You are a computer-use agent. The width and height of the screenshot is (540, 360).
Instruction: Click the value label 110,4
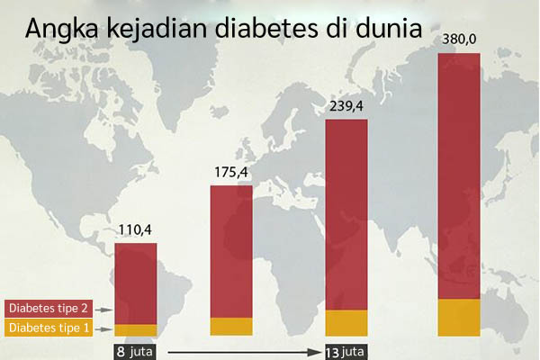[135, 231]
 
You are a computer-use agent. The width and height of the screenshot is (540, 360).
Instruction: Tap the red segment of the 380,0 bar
[458, 175]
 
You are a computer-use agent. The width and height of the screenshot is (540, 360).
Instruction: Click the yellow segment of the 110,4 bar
[135, 329]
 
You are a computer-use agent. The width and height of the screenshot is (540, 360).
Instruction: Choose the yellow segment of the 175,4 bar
[231, 327]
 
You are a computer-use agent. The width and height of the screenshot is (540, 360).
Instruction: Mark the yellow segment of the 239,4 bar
[346, 322]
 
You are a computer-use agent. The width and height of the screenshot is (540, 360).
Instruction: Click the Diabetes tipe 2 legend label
[49, 309]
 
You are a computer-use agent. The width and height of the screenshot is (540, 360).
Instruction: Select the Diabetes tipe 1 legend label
[49, 328]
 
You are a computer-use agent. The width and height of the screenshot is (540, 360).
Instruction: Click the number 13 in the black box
[332, 351]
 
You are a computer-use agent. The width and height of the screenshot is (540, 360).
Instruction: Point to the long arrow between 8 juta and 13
[243, 351]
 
